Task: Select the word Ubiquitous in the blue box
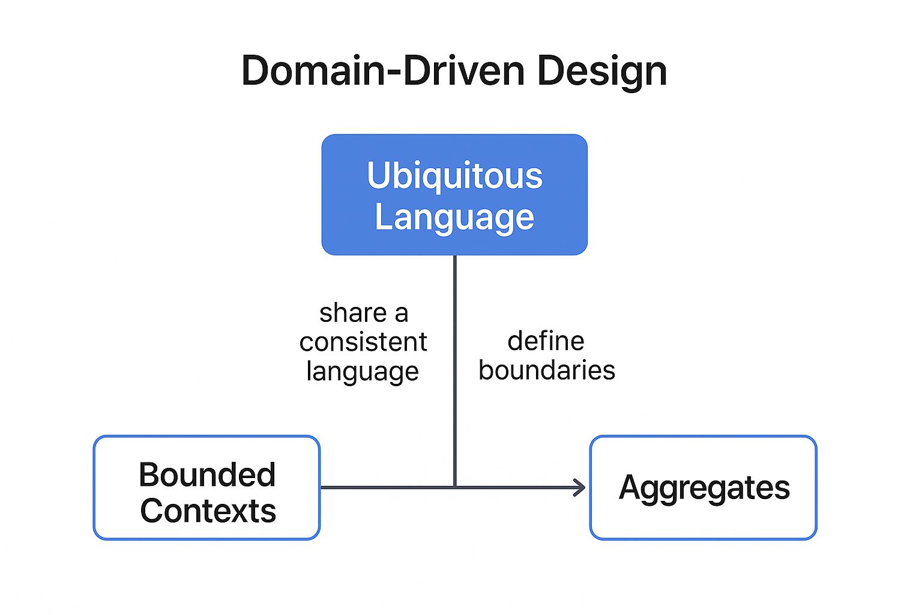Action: tap(454, 175)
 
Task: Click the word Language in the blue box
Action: tap(454, 217)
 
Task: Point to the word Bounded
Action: tap(207, 474)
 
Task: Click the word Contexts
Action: tap(208, 511)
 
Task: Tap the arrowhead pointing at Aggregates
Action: tap(579, 487)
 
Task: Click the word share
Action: tap(353, 313)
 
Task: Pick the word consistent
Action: tap(363, 342)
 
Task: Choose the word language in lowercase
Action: tap(362, 371)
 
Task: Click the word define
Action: tap(546, 341)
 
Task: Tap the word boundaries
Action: tap(546, 370)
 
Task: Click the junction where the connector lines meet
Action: tap(454, 487)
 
